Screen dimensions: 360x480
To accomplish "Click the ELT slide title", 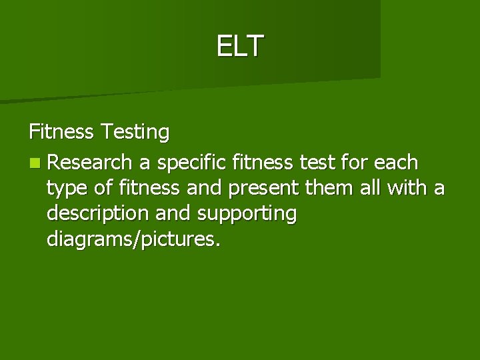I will coord(240,46).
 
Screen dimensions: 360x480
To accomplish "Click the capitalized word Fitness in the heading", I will coord(62,133).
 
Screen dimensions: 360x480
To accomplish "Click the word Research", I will coord(90,161).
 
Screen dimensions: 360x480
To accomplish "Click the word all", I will coord(369,189).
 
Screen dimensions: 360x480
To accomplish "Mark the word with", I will coord(408,189).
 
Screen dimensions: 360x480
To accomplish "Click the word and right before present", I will coord(207,189).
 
